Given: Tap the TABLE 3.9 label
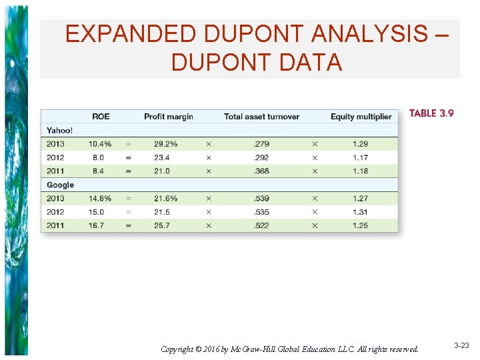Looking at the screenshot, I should pyautogui.click(x=431, y=113).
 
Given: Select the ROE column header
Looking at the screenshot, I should pyautogui.click(x=101, y=117).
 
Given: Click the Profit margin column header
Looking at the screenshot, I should pyautogui.click(x=169, y=117).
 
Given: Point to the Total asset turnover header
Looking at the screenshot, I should pyautogui.click(x=261, y=117).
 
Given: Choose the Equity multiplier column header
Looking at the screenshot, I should pyautogui.click(x=361, y=117).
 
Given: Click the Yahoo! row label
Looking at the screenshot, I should pyautogui.click(x=60, y=130).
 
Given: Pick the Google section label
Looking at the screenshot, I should pyautogui.click(x=60, y=185).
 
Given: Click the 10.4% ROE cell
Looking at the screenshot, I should pyautogui.click(x=100, y=144).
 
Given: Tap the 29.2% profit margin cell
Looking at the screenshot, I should pyautogui.click(x=166, y=144).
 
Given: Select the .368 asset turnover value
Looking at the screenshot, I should pyautogui.click(x=262, y=171).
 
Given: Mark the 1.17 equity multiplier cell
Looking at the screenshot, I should pyautogui.click(x=359, y=157).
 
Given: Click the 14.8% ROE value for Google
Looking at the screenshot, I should pyautogui.click(x=100, y=199).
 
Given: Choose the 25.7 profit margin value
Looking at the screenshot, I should pyautogui.click(x=162, y=225).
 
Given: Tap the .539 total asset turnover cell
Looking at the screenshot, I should pyautogui.click(x=262, y=199).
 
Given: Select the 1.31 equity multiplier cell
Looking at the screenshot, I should pyautogui.click(x=359, y=212).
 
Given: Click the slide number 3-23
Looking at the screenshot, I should pyautogui.click(x=461, y=345).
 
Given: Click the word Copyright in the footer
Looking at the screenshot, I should pyautogui.click(x=178, y=349).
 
